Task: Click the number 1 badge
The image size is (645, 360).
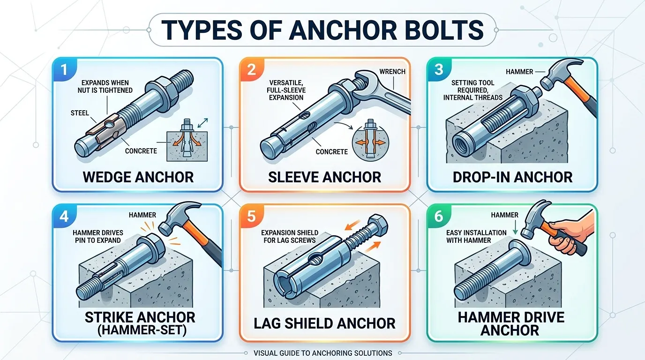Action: pos(64,69)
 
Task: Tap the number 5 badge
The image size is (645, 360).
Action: pos(251,216)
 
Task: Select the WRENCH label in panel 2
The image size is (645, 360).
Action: pos(392,72)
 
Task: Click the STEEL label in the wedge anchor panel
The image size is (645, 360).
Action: pos(80,113)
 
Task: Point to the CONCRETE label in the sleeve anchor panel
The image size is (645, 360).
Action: pos(332,152)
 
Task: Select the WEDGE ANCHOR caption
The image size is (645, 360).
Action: pos(138,177)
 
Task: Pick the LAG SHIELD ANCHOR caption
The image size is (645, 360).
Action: pos(324,323)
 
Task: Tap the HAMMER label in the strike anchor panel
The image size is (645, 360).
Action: pos(142,215)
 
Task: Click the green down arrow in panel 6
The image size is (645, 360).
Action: pos(515,229)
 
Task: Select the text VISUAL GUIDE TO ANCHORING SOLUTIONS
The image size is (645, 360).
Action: pos(323,353)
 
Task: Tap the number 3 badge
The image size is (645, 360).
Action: pos(439,69)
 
